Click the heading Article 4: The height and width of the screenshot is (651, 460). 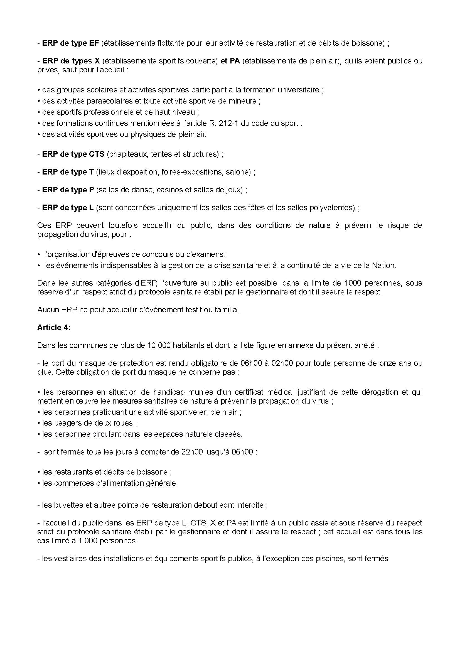(x=54, y=328)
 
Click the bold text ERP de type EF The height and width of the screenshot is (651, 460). (x=70, y=43)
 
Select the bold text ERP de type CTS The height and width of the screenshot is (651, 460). (x=73, y=154)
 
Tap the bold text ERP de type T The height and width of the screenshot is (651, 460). (x=68, y=172)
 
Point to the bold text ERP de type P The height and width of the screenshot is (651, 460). (x=68, y=190)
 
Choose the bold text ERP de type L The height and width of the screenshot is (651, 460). (x=68, y=208)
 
